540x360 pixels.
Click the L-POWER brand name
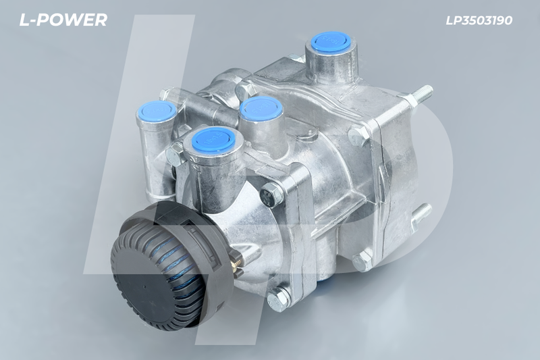63,20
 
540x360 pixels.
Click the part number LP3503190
479,20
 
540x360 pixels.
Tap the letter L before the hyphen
24,20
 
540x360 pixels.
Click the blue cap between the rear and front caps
261,107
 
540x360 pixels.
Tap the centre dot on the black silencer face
144,286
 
